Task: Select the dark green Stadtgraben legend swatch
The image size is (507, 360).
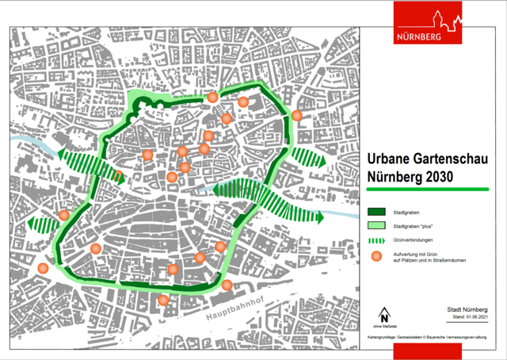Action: [379, 213]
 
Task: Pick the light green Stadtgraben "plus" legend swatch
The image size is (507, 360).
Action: [379, 226]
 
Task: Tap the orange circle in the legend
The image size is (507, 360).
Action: [379, 256]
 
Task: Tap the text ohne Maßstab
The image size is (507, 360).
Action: [385, 327]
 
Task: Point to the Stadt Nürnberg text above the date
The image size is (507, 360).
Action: [467, 310]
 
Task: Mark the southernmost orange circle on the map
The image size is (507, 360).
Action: [163, 300]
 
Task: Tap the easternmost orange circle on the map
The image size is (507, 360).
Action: [296, 116]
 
